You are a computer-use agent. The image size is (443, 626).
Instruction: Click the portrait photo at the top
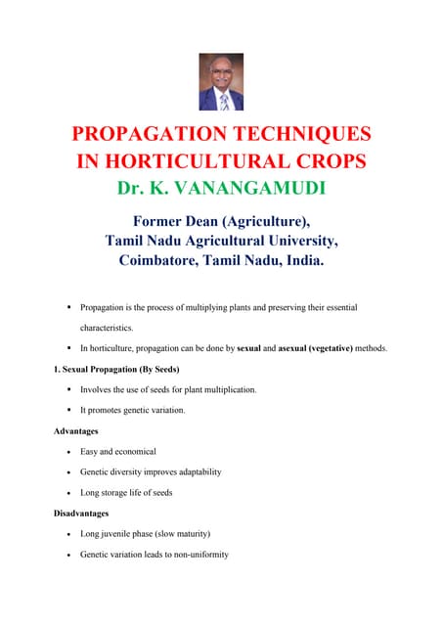pos(221,82)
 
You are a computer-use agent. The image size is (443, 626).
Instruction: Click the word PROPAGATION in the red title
pos(152,135)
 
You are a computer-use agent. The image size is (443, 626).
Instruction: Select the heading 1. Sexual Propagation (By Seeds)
pos(116,369)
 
